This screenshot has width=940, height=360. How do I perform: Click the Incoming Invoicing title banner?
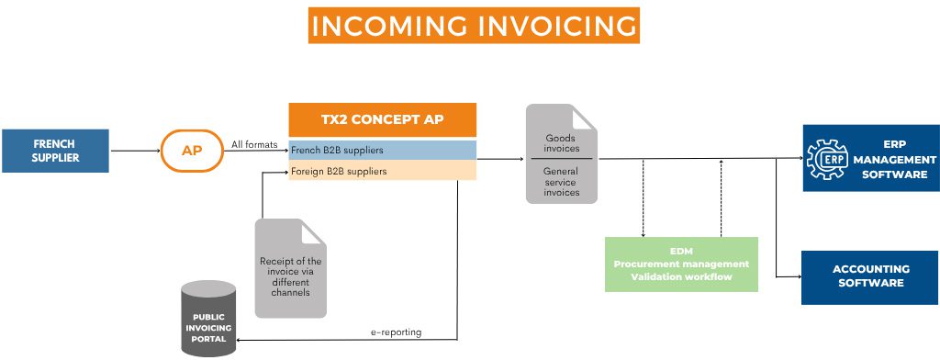point(474,26)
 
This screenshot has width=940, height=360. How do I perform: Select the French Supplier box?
point(54,151)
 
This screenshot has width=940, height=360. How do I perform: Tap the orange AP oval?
point(191,150)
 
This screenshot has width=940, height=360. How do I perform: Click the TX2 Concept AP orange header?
point(382,120)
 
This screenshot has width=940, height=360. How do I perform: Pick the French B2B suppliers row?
point(382,149)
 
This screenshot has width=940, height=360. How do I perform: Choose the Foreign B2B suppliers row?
point(382,171)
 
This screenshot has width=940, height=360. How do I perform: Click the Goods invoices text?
point(562,142)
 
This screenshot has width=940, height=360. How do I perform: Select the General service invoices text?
point(562,181)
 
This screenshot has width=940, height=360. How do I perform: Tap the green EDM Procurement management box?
point(681,264)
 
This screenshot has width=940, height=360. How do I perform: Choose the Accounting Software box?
point(870,276)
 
